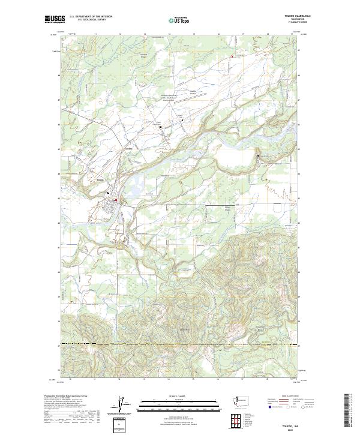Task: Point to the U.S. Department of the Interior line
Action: [91, 16]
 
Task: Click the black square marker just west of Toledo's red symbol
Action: [108, 193]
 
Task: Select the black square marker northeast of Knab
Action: [160, 127]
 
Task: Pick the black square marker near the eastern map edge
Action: [259, 157]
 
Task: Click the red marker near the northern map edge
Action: [232, 58]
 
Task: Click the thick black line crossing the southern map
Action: [180, 344]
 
